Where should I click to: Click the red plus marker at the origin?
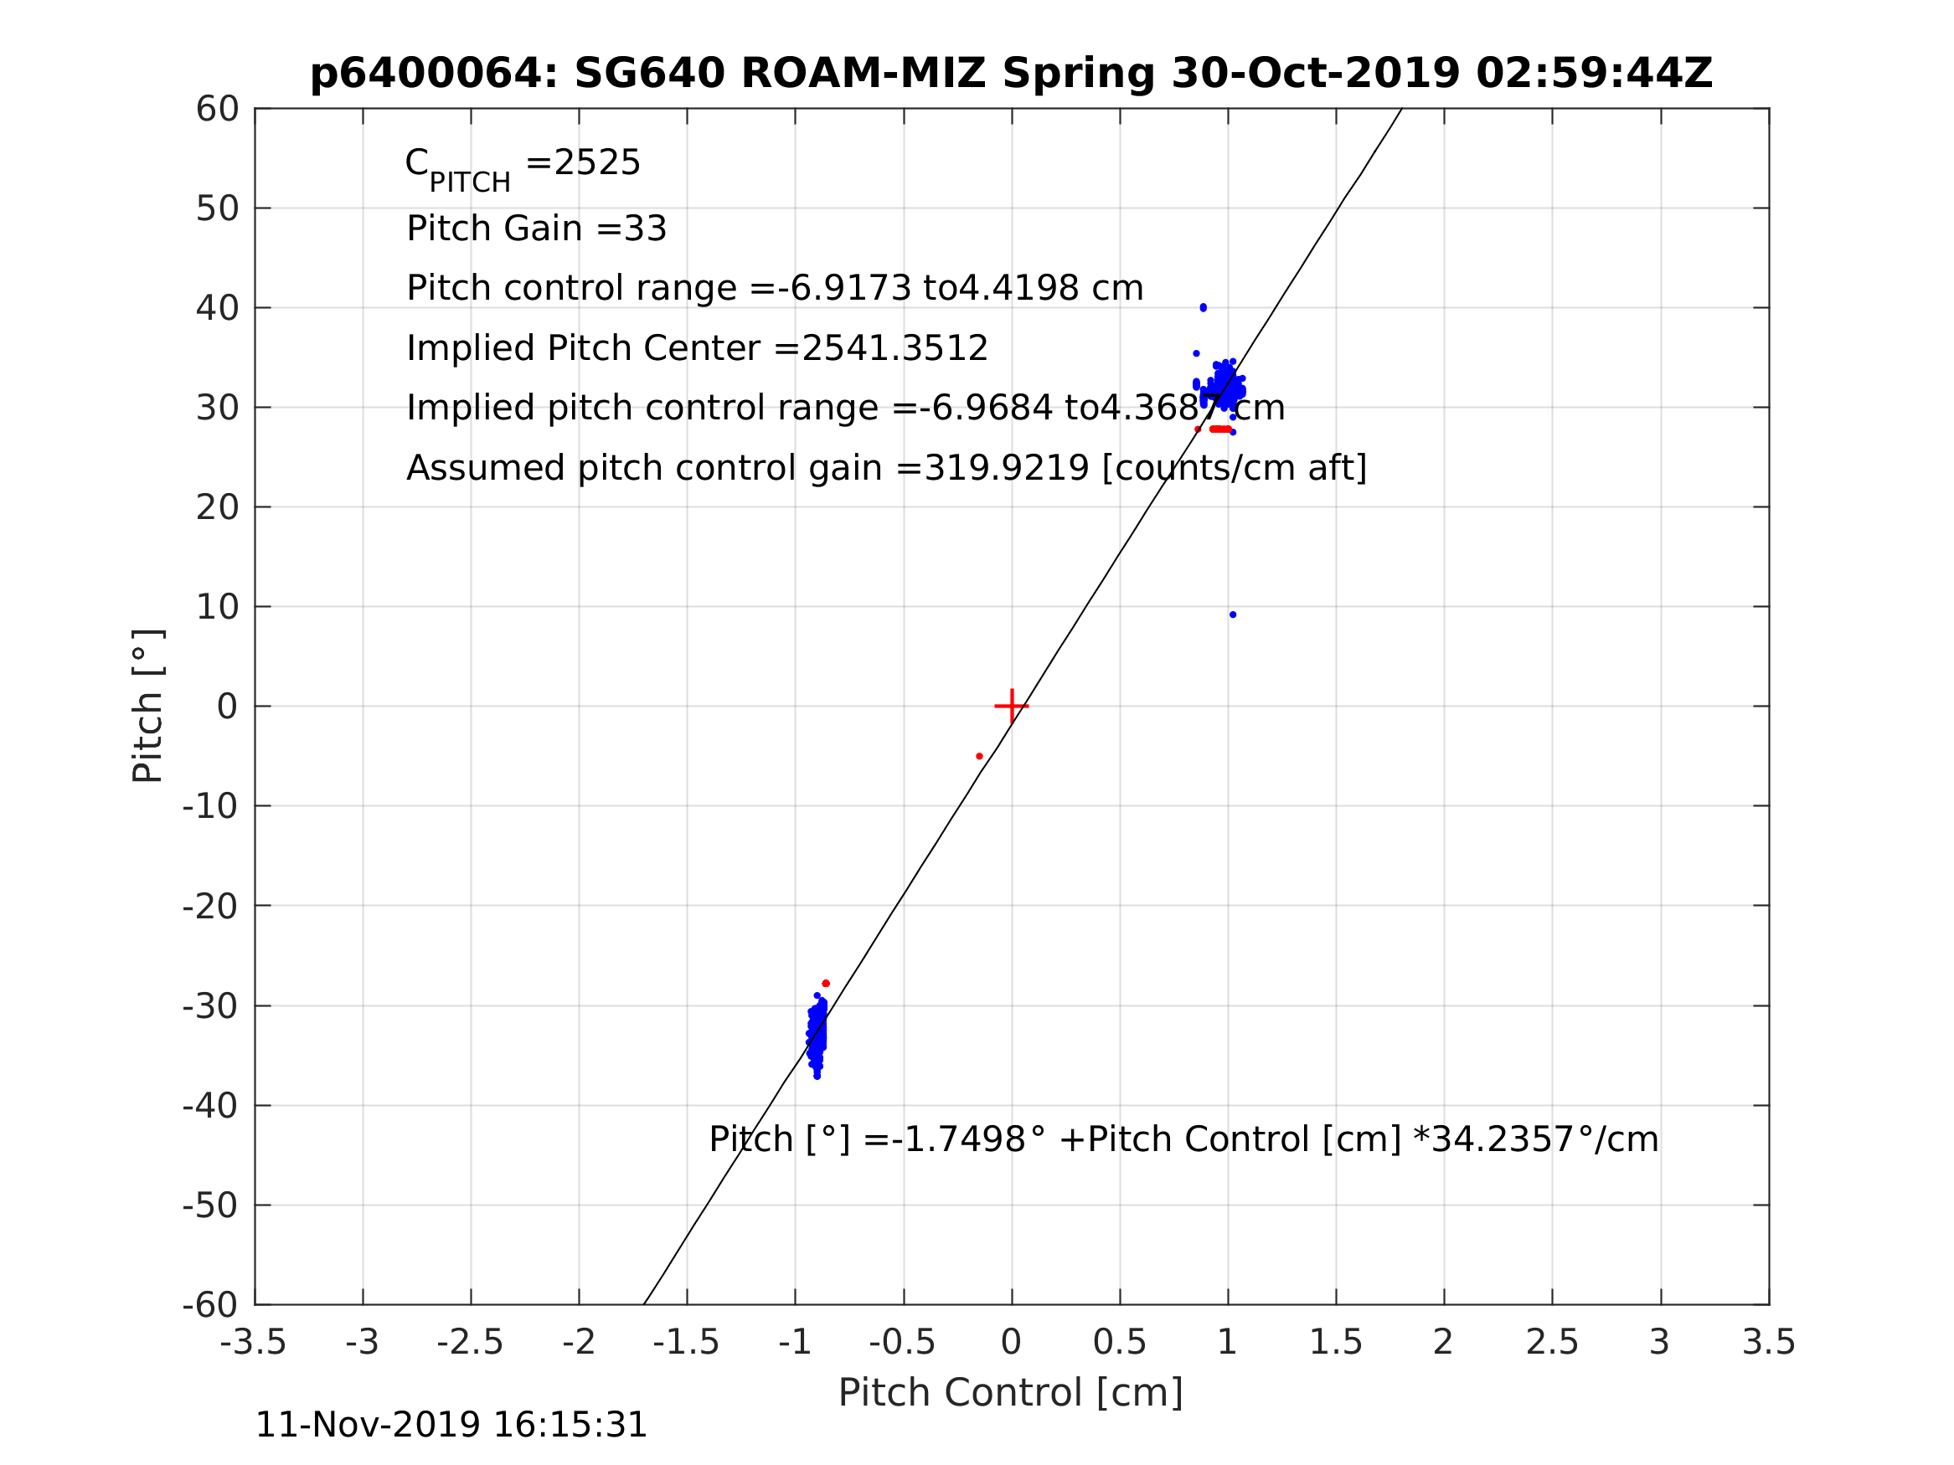[x=1012, y=707]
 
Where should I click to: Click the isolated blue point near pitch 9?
[x=1233, y=614]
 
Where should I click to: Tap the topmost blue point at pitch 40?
[x=1204, y=307]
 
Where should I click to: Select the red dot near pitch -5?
[x=980, y=756]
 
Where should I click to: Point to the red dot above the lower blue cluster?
[x=826, y=984]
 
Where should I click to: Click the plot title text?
[x=1011, y=74]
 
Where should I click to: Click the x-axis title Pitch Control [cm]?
[x=1011, y=1393]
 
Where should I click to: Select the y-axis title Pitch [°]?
[x=147, y=706]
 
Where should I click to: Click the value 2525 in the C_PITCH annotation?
[x=597, y=163]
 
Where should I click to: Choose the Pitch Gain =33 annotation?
[x=536, y=229]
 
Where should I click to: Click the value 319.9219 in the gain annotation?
[x=1006, y=468]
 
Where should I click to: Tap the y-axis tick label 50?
[x=217, y=209]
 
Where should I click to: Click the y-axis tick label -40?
[x=210, y=1106]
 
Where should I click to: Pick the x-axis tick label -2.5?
[x=470, y=1342]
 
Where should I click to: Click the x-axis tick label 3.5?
[x=1769, y=1342]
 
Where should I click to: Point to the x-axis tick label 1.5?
[x=1336, y=1342]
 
